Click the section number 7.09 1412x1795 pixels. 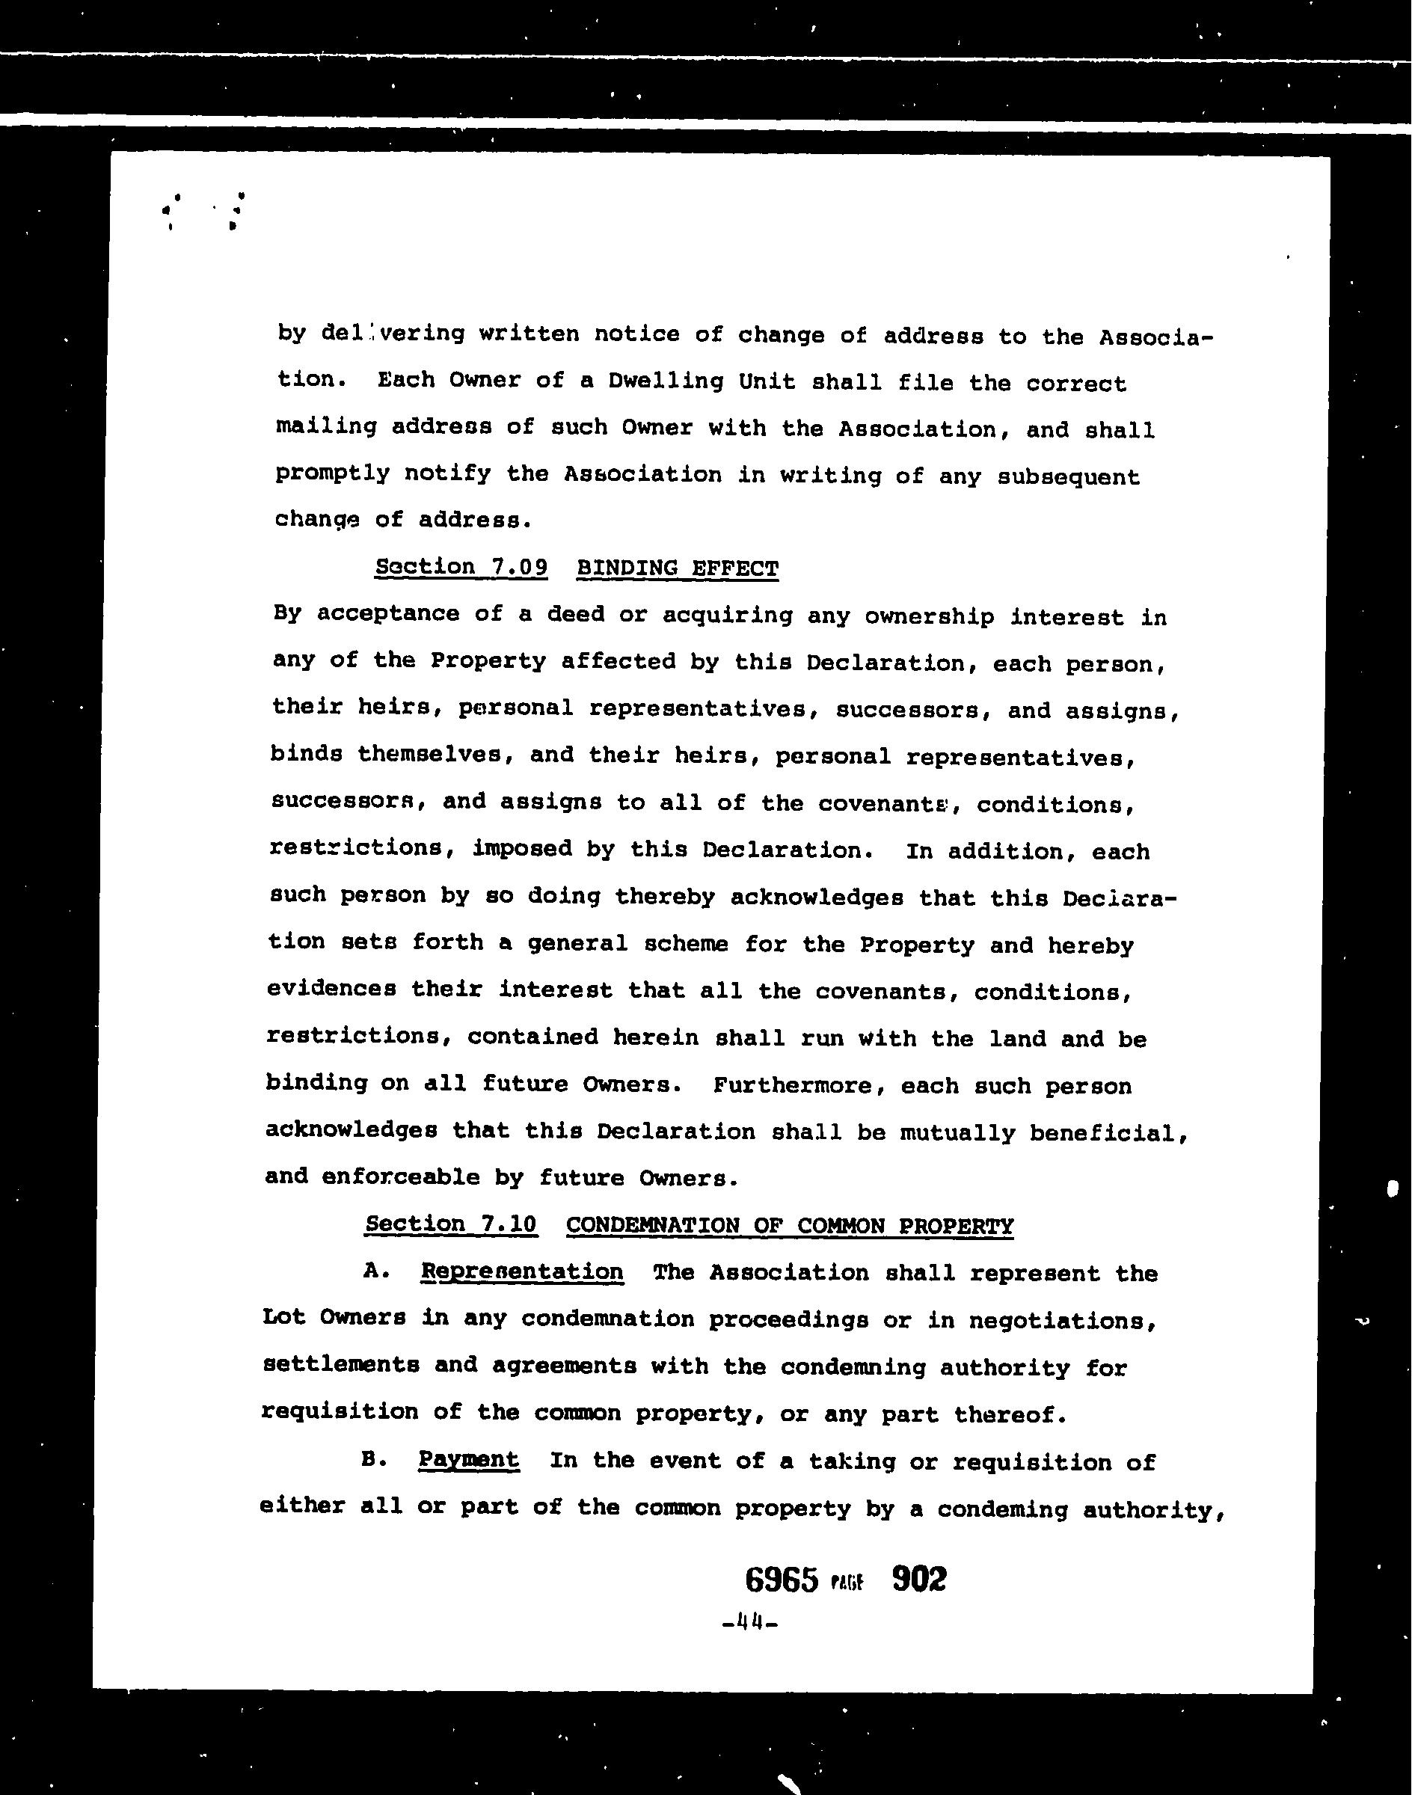click(518, 567)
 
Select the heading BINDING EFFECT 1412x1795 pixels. click(677, 569)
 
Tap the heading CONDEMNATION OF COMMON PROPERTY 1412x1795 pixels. click(790, 1226)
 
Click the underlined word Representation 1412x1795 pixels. click(521, 1271)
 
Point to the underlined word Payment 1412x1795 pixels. click(469, 1459)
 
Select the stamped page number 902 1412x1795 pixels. click(919, 1579)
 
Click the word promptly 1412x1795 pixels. click(332, 473)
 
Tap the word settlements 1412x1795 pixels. click(340, 1365)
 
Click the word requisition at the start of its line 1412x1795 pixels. click(340, 1412)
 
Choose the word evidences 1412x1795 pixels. click(331, 989)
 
